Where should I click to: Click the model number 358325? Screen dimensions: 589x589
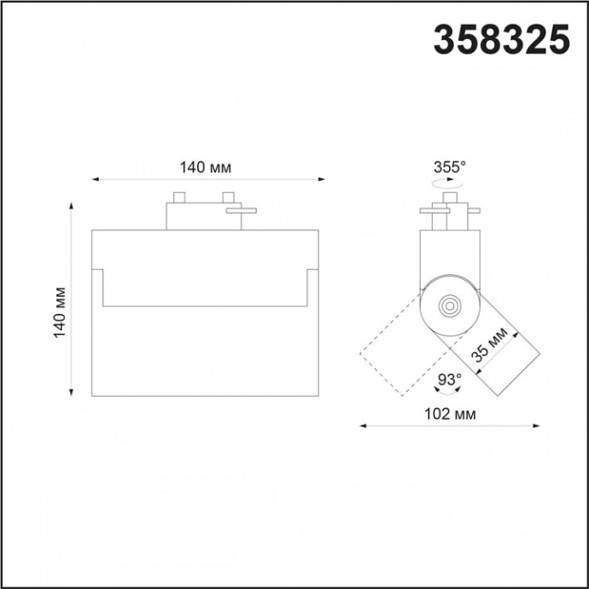(x=501, y=39)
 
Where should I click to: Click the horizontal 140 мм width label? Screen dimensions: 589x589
(x=205, y=167)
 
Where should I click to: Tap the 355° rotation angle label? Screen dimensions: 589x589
(x=449, y=166)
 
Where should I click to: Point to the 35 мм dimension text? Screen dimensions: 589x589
(x=493, y=346)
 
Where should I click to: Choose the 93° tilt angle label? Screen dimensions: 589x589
(x=449, y=378)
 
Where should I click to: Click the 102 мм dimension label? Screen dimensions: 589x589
(x=449, y=414)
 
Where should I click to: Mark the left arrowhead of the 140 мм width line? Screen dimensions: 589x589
(x=95, y=180)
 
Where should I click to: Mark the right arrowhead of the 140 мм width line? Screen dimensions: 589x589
(x=322, y=180)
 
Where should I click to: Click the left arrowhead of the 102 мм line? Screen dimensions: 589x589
(x=362, y=425)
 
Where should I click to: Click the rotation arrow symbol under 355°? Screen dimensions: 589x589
(x=449, y=184)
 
